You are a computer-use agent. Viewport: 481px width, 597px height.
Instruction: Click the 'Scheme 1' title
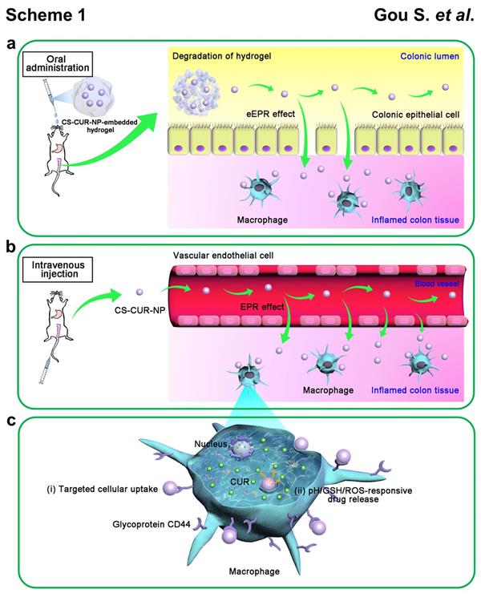click(x=45, y=15)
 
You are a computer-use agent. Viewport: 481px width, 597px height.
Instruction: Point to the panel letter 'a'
click(x=11, y=45)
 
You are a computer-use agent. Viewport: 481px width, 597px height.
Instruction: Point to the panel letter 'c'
click(x=11, y=419)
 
